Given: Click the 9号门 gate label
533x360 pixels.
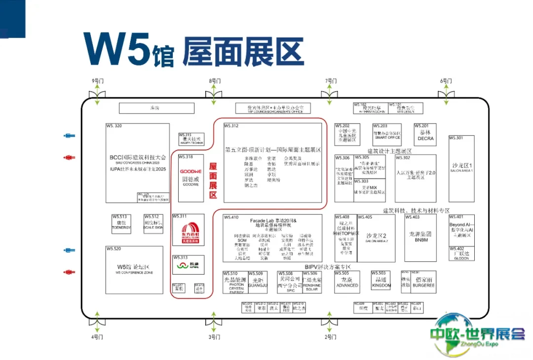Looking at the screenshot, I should pyautogui.click(x=97, y=80).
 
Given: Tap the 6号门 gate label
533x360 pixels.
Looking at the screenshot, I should pyautogui.click(x=446, y=80).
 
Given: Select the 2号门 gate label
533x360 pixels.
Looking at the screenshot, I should pyautogui.click(x=330, y=337).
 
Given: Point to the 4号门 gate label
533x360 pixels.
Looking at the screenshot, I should pyautogui.click(x=97, y=337).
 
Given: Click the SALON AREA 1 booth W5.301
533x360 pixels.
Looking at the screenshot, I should pyautogui.click(x=461, y=168).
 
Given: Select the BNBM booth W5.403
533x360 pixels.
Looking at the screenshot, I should pyautogui.click(x=421, y=238).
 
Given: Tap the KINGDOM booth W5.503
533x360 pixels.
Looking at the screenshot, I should pyautogui.click(x=381, y=282).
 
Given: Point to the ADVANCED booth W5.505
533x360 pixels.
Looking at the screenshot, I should pyautogui.click(x=347, y=282).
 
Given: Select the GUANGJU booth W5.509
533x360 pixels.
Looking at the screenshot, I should pyautogui.click(x=258, y=282).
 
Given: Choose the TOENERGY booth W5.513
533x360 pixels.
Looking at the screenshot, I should pyautogui.click(x=121, y=226).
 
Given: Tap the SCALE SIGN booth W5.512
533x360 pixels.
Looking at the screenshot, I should pyautogui.click(x=153, y=226).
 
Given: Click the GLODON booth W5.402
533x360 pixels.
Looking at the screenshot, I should pyautogui.click(x=461, y=254).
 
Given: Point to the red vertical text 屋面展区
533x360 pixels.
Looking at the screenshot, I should pyautogui.click(x=213, y=181).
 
